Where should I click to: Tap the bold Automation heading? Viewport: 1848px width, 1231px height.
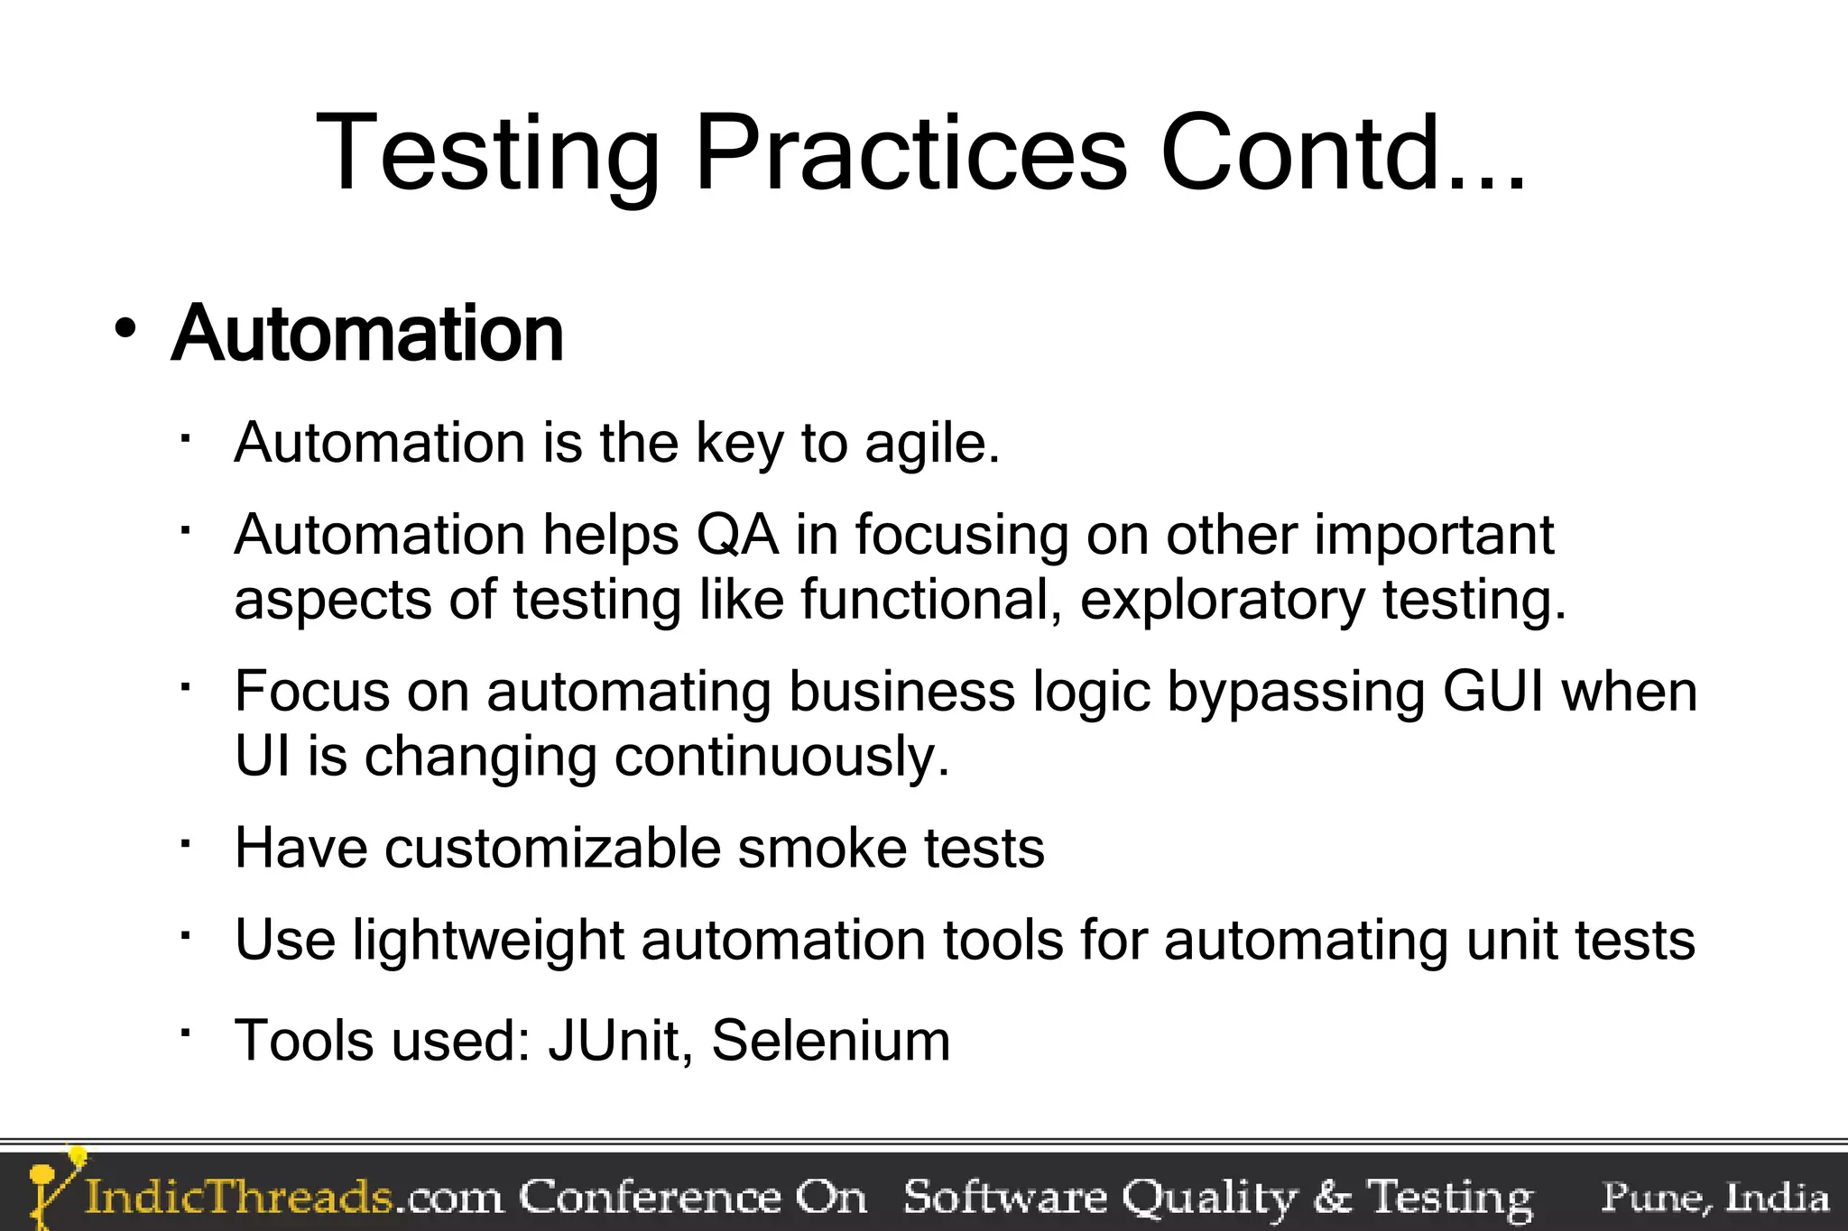(x=367, y=334)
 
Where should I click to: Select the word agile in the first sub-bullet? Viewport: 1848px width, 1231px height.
(x=931, y=444)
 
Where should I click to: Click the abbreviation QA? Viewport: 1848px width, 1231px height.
(x=737, y=535)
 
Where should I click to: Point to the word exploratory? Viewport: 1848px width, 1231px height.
(x=1223, y=600)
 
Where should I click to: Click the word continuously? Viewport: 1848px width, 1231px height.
(x=782, y=757)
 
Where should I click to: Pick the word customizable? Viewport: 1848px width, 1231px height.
(x=553, y=849)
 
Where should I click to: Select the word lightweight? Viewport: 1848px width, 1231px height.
(x=488, y=941)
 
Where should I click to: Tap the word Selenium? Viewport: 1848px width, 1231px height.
(x=831, y=1041)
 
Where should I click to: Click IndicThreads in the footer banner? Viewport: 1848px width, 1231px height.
(x=238, y=1197)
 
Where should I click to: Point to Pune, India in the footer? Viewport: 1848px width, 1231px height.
(x=1714, y=1197)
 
